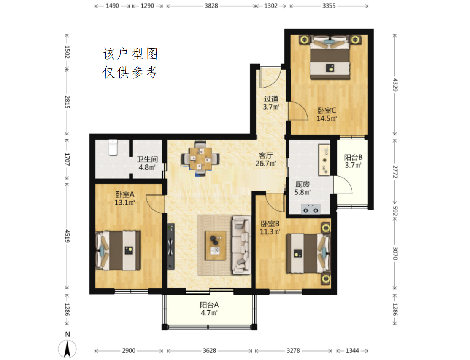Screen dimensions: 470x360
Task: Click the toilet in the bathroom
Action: click(113, 147)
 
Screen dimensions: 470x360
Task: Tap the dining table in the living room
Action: click(200, 159)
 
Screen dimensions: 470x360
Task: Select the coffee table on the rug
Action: click(215, 245)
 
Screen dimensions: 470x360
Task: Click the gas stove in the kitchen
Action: click(311, 209)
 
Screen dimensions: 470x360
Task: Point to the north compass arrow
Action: click(67, 349)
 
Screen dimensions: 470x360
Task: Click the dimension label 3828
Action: click(211, 6)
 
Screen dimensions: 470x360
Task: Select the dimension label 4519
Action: click(67, 236)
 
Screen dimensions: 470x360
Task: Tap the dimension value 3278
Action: click(293, 350)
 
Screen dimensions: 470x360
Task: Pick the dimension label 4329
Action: click(395, 85)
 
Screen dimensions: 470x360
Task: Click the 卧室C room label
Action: click(326, 111)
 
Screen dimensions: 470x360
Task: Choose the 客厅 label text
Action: click(265, 155)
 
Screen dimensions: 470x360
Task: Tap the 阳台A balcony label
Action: click(209, 305)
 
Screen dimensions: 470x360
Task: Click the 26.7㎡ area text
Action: click(265, 164)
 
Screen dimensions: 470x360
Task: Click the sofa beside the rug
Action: click(241, 245)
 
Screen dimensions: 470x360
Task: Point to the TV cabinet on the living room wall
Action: click(171, 247)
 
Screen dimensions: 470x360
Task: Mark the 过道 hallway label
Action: click(271, 99)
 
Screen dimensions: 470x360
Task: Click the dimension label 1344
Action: click(352, 350)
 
